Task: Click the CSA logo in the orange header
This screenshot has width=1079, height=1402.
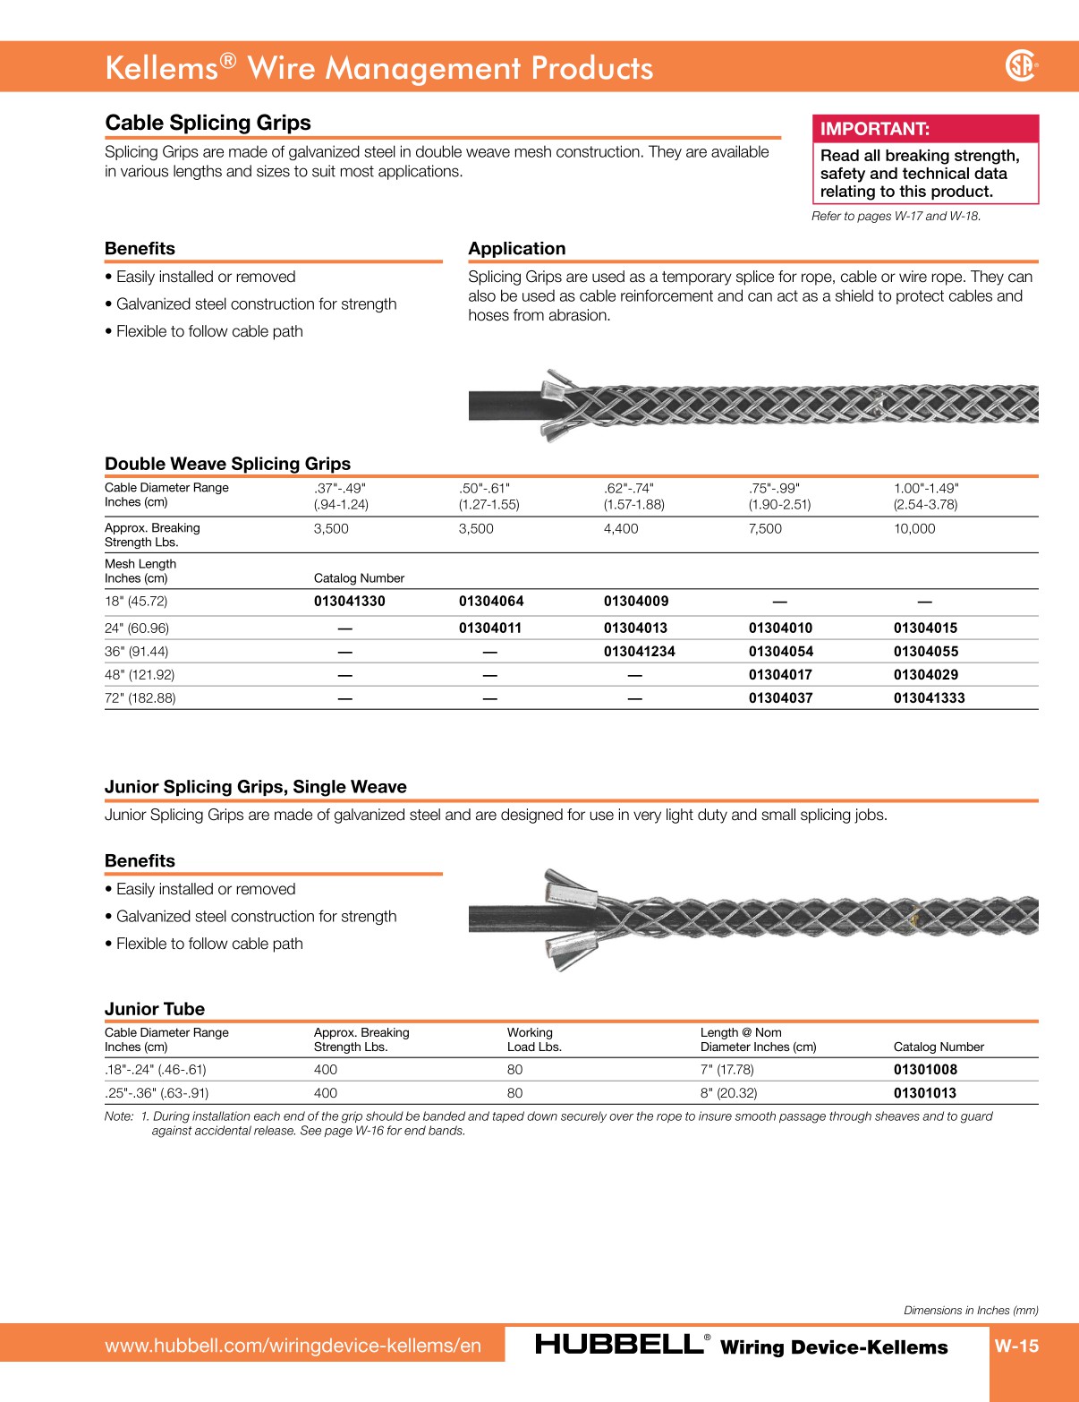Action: tap(1021, 65)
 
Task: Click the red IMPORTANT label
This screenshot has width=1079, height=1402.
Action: tap(874, 129)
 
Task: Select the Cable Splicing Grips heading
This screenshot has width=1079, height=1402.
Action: tap(208, 123)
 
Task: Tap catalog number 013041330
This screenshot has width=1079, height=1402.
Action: tap(349, 602)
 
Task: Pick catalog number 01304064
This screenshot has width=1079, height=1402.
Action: tap(491, 602)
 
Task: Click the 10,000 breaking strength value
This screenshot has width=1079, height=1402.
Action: tap(913, 529)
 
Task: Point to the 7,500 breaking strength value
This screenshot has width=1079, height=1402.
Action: tap(765, 529)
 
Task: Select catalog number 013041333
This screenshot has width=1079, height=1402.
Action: tap(929, 698)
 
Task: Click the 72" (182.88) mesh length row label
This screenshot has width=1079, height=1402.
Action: tap(140, 698)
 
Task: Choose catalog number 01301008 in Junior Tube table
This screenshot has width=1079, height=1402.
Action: tap(925, 1070)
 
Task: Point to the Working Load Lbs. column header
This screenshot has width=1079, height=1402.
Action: tap(534, 1039)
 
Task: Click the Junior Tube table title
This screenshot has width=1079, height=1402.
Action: tap(155, 1009)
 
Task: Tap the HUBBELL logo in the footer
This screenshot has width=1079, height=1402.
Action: tap(619, 1345)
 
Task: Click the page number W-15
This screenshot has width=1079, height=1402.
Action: tap(1016, 1346)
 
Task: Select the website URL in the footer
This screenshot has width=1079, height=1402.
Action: tap(293, 1346)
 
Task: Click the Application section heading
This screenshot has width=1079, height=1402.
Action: tap(517, 249)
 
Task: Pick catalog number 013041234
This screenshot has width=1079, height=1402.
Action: tap(639, 652)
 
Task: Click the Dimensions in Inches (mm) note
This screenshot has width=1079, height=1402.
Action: tap(971, 1311)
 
